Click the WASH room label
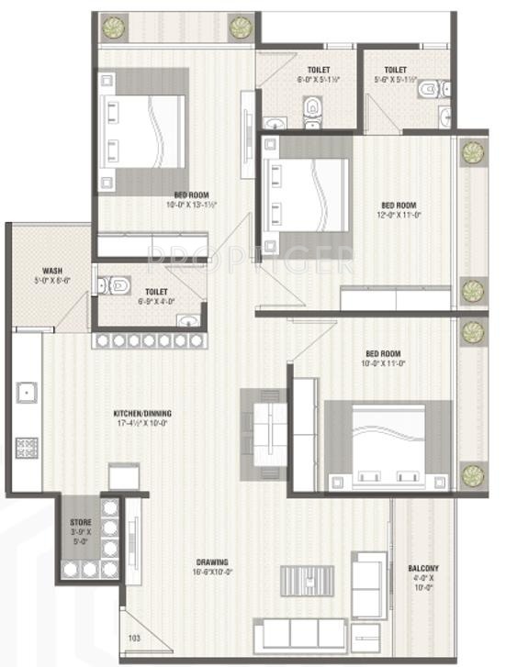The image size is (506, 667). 51,272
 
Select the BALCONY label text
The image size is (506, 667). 423,569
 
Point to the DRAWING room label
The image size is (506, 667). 211,562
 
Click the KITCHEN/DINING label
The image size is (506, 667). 142,414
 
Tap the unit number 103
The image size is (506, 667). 135,637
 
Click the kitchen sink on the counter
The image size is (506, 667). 26,392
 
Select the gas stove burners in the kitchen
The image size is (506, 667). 26,448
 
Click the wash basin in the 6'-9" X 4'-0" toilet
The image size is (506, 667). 187,321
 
